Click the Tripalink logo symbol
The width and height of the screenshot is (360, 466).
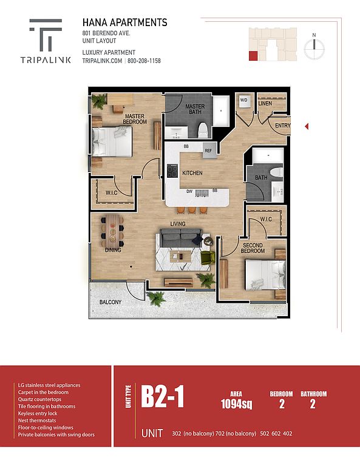pos(46,35)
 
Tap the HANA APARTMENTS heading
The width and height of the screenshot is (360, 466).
pos(124,22)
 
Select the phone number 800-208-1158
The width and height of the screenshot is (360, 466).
pos(144,61)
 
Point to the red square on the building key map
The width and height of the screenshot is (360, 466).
pos(253,56)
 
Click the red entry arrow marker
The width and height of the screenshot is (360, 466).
pos(307,127)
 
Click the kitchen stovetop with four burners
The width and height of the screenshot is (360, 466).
pos(172,171)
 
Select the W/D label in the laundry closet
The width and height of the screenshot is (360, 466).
pos(243,100)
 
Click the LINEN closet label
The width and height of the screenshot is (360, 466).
pos(265,103)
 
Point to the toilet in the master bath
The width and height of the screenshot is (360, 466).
pos(203,130)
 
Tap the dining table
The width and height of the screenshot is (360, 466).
pos(112,231)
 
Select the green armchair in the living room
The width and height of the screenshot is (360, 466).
pos(208,257)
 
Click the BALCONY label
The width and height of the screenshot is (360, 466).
pos(110,302)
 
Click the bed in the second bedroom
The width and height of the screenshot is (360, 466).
pos(265,275)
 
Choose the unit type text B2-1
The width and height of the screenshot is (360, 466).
pos(162,397)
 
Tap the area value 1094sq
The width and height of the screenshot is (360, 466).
pos(236,404)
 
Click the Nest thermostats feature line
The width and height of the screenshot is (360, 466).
pos(37,420)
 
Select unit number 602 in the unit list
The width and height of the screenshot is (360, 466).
pos(276,434)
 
